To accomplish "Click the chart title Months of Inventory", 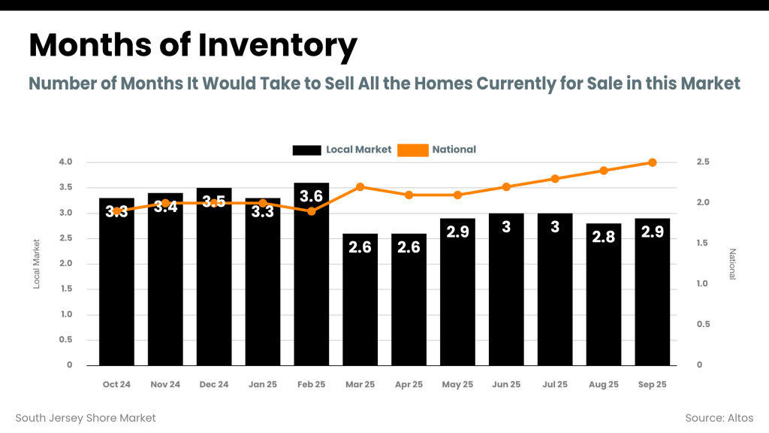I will (x=192, y=47).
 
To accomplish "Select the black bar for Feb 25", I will (x=311, y=286).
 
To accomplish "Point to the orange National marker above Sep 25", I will (x=653, y=162).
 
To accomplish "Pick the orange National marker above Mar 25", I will (x=360, y=186).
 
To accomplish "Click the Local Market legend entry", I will (x=342, y=150).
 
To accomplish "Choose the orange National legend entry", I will (x=437, y=150).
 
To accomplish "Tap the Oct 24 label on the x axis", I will (x=116, y=384).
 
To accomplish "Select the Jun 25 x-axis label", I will (x=506, y=384).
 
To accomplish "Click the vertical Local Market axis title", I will (x=36, y=264).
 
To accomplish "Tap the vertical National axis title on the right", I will (x=733, y=264).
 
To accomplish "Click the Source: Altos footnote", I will (x=719, y=418).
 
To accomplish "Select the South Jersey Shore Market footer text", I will (x=86, y=418).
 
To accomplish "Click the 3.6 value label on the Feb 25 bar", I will (x=311, y=197).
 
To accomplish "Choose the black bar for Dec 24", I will (x=214, y=286).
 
